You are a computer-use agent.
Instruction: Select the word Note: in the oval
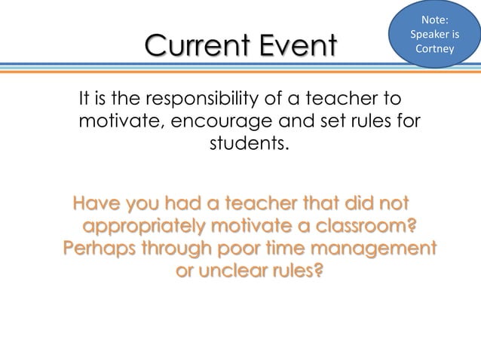tap(434, 20)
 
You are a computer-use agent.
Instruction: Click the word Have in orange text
tap(97, 203)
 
